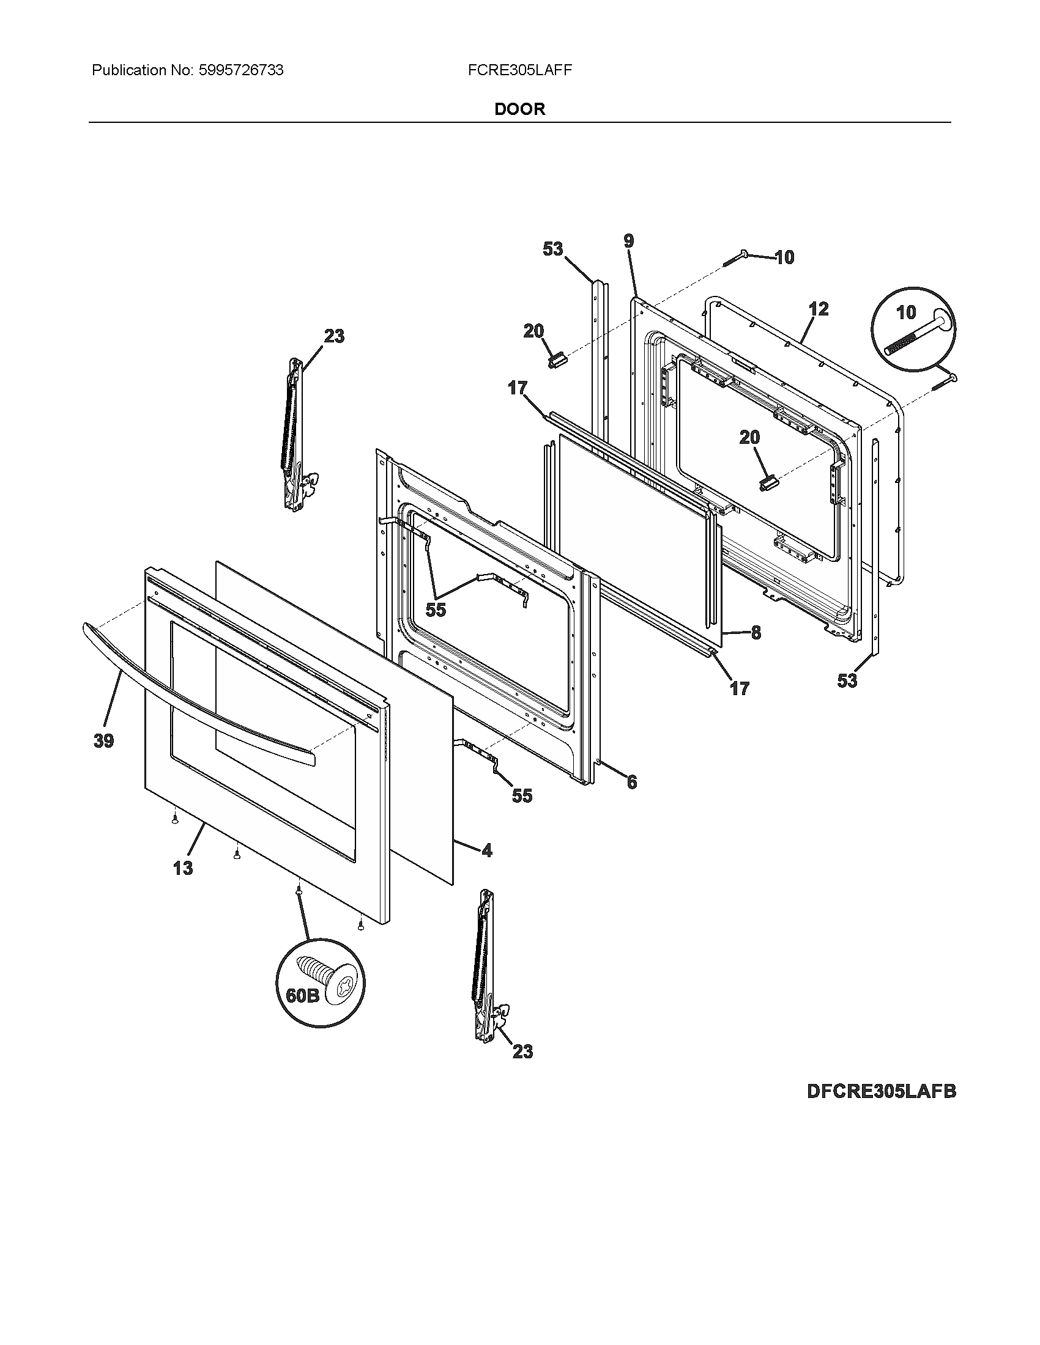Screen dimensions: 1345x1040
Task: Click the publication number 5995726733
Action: click(240, 70)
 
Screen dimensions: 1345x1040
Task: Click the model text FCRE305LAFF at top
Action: click(519, 70)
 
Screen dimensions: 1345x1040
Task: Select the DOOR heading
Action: click(519, 109)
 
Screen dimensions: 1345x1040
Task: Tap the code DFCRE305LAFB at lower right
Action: click(881, 1091)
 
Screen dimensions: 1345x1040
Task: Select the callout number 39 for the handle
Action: click(103, 741)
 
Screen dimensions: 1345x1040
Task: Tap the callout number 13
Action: click(183, 868)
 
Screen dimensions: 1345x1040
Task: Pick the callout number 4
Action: click(487, 850)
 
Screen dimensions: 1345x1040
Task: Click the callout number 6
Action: click(631, 782)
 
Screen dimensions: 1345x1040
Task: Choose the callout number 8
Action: click(756, 633)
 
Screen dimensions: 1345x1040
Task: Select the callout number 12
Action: click(818, 309)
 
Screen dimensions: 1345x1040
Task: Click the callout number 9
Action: click(628, 241)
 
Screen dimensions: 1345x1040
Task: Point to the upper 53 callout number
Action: click(552, 249)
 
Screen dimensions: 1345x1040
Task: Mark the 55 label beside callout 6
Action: click(522, 795)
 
